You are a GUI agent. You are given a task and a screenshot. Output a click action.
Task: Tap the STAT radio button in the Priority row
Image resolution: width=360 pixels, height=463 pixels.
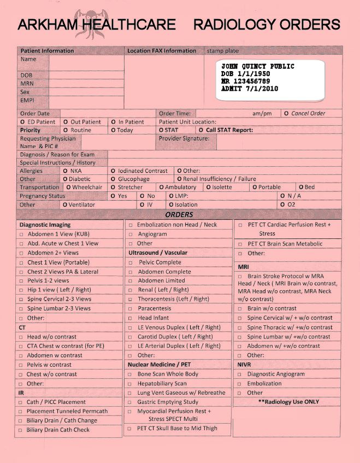(161, 131)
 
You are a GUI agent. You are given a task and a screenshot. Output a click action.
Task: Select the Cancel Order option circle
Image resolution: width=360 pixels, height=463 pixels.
(286, 114)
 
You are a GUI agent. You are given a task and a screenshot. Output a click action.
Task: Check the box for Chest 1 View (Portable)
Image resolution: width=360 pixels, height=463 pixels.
(21, 262)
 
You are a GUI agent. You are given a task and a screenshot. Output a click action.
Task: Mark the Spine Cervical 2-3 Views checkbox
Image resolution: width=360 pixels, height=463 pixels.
(21, 300)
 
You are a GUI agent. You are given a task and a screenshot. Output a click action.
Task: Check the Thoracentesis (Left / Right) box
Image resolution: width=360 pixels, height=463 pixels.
(131, 300)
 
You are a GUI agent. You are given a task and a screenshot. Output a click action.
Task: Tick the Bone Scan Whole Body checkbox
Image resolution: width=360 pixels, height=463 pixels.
(131, 374)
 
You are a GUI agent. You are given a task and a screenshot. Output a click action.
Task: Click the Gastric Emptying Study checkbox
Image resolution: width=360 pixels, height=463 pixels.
(131, 402)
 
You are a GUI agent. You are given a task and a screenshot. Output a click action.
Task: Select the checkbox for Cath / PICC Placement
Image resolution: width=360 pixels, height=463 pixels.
(21, 402)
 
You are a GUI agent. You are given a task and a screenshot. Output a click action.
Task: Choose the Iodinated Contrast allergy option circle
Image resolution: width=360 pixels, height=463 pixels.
(113, 171)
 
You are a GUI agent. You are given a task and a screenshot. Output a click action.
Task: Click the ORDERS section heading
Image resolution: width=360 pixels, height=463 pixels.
(179, 215)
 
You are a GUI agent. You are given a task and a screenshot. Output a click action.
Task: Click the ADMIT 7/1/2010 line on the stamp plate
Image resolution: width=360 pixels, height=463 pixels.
(249, 88)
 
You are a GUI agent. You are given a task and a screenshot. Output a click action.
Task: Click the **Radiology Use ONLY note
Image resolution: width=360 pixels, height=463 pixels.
(288, 402)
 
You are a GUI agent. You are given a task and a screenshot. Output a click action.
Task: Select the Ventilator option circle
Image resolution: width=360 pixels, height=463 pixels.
(65, 205)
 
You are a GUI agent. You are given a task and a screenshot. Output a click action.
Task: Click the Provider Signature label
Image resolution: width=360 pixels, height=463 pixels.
(184, 139)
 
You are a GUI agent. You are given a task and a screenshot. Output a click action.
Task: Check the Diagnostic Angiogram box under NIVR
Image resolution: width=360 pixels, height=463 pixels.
(240, 374)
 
